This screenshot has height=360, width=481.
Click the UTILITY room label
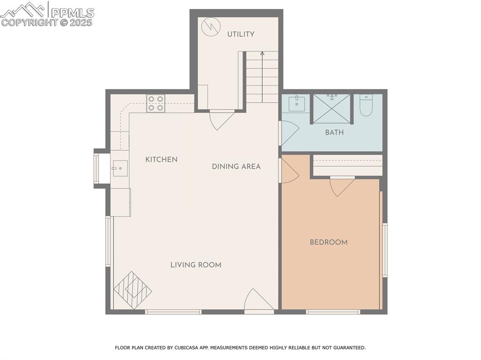[x=240, y=34]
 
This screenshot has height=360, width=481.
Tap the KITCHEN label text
[x=161, y=160]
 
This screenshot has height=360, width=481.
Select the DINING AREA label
[x=236, y=167]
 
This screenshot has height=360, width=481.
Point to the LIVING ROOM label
[x=195, y=265]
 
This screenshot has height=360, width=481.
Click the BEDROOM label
[x=328, y=243]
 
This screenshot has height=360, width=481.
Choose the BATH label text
[x=334, y=133]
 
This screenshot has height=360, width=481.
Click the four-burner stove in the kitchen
[x=155, y=103]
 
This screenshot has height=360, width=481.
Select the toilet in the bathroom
[x=366, y=106]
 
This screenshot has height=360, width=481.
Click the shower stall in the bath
[x=332, y=109]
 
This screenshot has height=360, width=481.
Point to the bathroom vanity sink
[x=296, y=103]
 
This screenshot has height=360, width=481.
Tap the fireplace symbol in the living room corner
[x=132, y=290]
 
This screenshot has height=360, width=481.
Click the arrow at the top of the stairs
[x=262, y=54]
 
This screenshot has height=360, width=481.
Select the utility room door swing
[x=221, y=119]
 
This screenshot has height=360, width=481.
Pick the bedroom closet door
[x=341, y=186]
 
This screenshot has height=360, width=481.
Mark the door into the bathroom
[x=289, y=133]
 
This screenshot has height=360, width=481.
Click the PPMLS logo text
[x=72, y=13]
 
